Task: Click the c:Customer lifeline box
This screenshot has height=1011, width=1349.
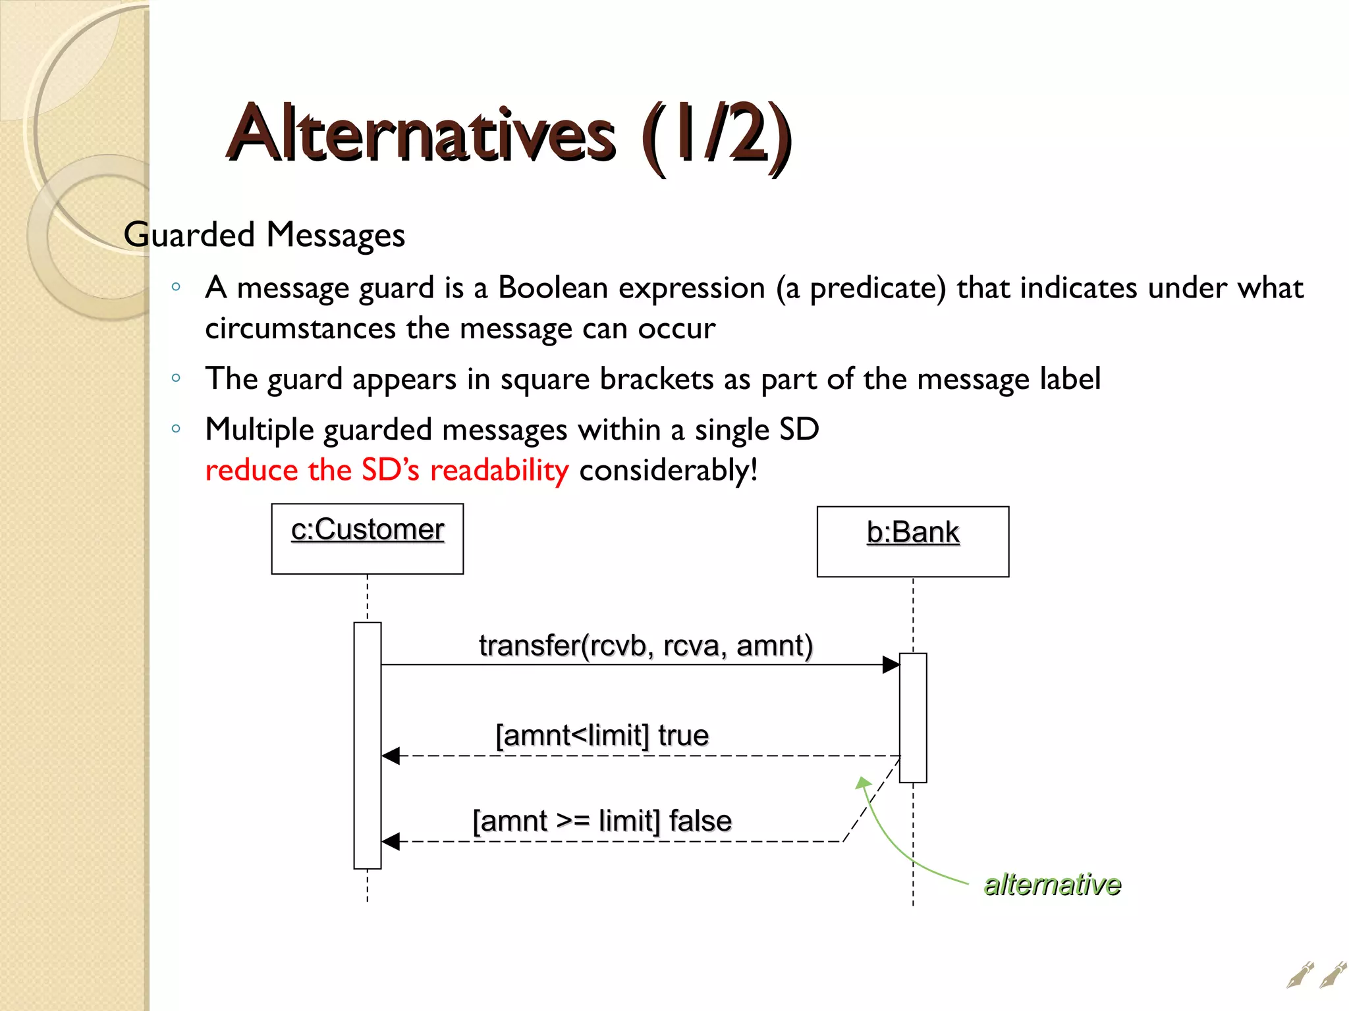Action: pyautogui.click(x=368, y=538)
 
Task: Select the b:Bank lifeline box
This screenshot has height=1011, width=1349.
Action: pyautogui.click(x=912, y=541)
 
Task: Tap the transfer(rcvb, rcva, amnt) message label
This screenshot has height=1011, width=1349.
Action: pyautogui.click(x=646, y=646)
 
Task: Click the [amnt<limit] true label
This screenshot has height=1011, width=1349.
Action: pyautogui.click(x=601, y=735)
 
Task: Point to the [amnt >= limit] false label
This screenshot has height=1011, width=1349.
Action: pyautogui.click(x=602, y=821)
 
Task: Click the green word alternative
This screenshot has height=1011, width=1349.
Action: pyautogui.click(x=1052, y=884)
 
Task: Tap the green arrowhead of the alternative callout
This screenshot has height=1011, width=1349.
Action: pyautogui.click(x=862, y=782)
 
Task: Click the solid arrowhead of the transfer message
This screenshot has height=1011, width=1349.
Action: pyautogui.click(x=891, y=665)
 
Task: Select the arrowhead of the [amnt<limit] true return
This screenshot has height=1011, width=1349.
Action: pyautogui.click(x=391, y=756)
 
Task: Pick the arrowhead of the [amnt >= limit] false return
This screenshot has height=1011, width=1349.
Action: pyautogui.click(x=391, y=842)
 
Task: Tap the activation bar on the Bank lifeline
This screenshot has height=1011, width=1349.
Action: pyautogui.click(x=913, y=717)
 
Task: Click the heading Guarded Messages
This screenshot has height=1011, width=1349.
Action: pyautogui.click(x=264, y=235)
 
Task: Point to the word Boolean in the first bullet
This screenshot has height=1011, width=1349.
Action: pyautogui.click(x=552, y=288)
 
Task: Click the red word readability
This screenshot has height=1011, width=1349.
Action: pyautogui.click(x=499, y=470)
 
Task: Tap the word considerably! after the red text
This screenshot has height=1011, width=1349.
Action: pyautogui.click(x=668, y=470)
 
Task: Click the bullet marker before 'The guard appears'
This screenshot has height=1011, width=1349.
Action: pyautogui.click(x=176, y=378)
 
